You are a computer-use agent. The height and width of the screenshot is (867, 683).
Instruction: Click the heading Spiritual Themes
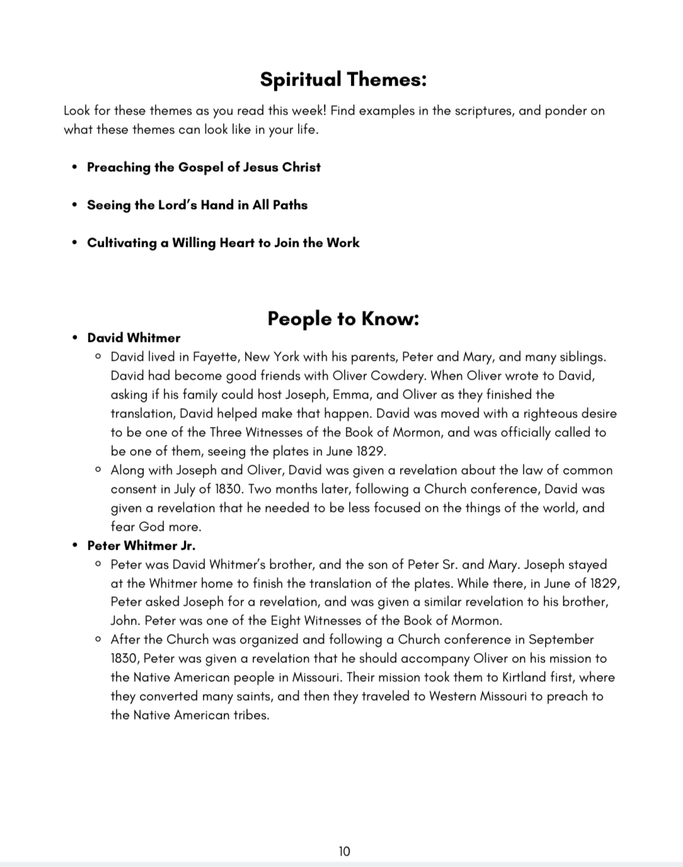pos(343,79)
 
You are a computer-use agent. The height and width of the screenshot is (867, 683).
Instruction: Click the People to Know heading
pos(343,319)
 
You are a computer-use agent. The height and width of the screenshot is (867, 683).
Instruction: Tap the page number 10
pos(344,851)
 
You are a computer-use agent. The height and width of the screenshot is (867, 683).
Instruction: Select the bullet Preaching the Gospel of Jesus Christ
pos(204,167)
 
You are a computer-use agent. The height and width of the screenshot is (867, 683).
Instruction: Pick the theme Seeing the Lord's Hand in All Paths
pos(197,205)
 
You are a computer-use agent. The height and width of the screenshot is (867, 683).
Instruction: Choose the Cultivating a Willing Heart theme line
pos(223,243)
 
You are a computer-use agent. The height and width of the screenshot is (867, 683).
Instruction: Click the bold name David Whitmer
pos(134,338)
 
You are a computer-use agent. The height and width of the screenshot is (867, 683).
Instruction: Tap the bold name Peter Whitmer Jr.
pos(141,545)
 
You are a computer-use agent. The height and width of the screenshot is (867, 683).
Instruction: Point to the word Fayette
pos(214,357)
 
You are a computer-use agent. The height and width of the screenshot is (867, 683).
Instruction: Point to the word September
pos(561,640)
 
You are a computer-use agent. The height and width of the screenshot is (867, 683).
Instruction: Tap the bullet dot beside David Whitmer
pos(75,338)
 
